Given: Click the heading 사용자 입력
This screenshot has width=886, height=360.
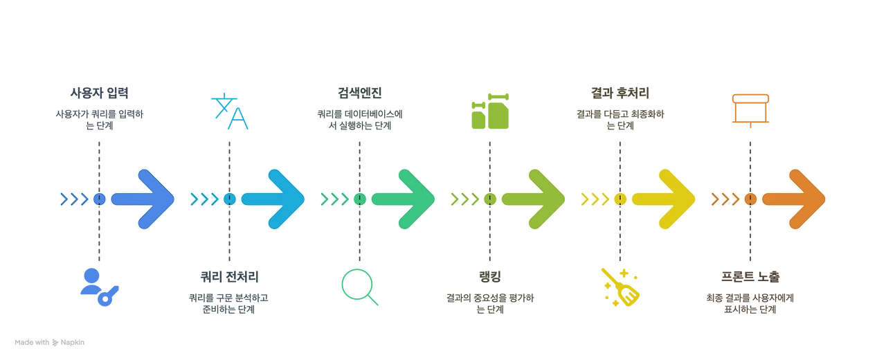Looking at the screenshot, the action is (99, 93).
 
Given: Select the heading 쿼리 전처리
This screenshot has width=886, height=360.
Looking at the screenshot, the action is (229, 276).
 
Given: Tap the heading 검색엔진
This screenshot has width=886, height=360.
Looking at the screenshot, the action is (359, 93).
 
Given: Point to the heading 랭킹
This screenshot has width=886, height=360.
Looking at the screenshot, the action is (489, 276).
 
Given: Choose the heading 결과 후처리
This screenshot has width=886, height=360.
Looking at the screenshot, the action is (620, 93).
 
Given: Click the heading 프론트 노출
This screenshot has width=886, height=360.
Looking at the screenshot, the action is (750, 276).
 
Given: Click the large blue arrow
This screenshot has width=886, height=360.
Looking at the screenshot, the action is (143, 199).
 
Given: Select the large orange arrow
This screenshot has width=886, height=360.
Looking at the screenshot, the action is (794, 199).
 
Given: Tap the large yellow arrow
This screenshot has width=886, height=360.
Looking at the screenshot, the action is (664, 199).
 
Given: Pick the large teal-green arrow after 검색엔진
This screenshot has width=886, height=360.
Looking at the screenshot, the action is (403, 199).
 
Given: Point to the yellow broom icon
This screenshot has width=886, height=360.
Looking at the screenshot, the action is (620, 287).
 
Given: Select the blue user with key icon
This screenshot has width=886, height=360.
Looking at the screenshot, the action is (99, 287).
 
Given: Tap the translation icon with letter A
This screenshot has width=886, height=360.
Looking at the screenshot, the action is (230, 111).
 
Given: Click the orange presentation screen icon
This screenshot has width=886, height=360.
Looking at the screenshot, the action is (750, 111).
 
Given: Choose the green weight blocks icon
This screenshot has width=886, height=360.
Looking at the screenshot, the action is (490, 111).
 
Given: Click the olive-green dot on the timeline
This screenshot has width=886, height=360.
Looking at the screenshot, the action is (489, 199).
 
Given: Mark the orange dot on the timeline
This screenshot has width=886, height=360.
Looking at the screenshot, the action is (750, 199).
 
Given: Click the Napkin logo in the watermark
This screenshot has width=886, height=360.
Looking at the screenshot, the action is (55, 343).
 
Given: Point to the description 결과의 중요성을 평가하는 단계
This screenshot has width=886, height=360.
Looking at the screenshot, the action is (489, 303).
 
